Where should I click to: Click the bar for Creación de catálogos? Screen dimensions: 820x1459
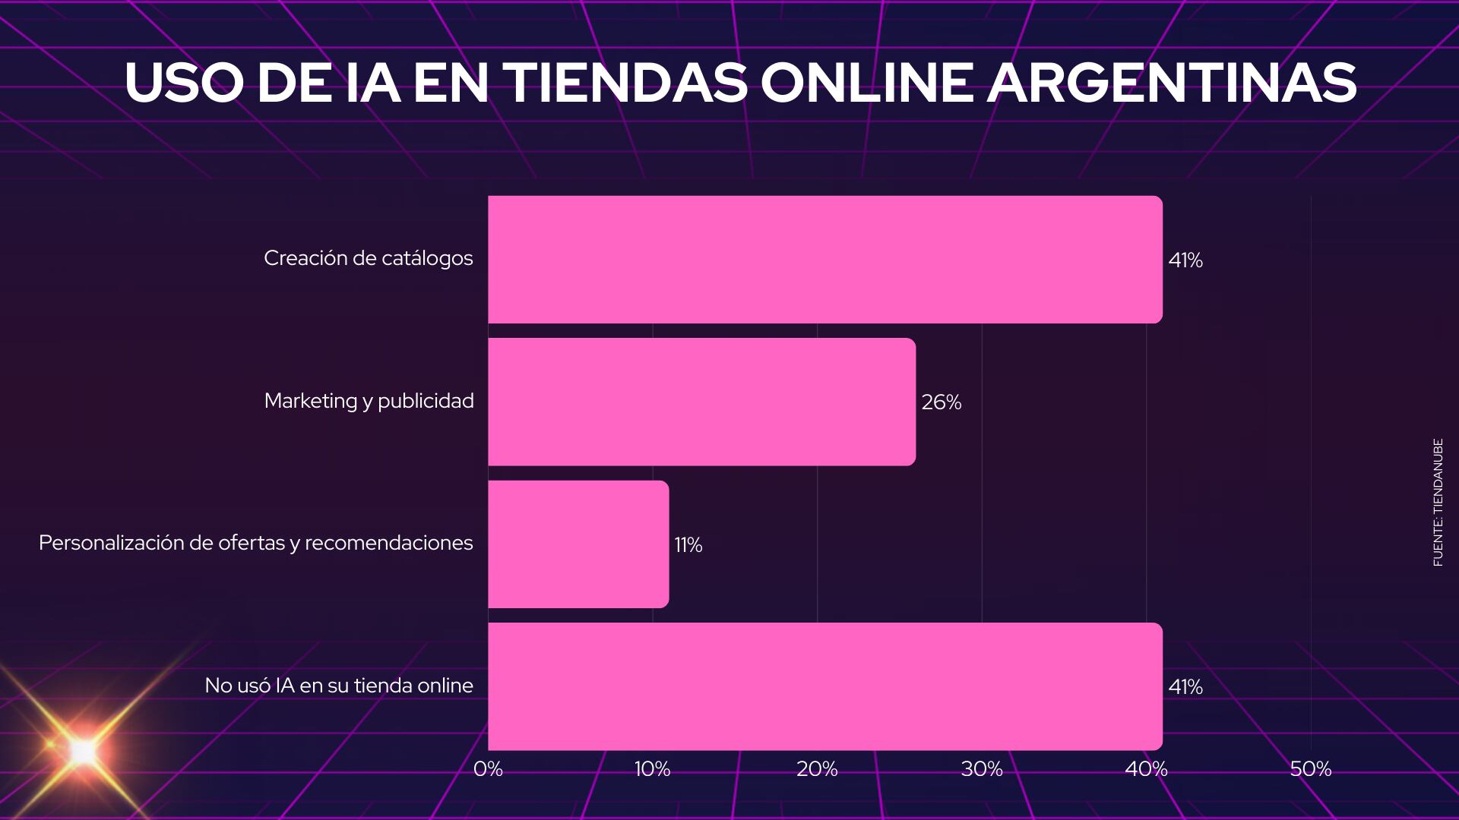click(x=824, y=260)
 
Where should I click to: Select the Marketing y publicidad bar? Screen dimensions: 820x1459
click(x=701, y=402)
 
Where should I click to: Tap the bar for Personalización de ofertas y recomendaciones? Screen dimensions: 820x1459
click(x=578, y=544)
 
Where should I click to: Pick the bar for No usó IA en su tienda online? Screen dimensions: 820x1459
click(x=824, y=686)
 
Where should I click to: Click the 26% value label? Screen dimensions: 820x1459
click(x=942, y=402)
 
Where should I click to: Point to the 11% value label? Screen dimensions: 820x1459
click(x=688, y=545)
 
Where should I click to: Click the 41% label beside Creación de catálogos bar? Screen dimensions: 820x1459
click(x=1185, y=260)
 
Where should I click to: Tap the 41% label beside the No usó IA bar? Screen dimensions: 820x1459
click(x=1185, y=687)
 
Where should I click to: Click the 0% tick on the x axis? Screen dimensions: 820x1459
click(x=488, y=769)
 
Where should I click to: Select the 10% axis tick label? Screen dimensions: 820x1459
click(x=653, y=769)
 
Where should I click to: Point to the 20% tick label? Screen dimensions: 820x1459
click(x=817, y=769)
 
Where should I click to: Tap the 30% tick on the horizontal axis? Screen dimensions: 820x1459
click(x=982, y=769)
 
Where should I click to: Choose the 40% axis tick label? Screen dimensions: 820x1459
click(x=1146, y=769)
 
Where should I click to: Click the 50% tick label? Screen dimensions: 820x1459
click(x=1311, y=769)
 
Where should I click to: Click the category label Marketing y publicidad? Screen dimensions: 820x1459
click(x=369, y=401)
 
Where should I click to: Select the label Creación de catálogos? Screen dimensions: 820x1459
click(x=369, y=258)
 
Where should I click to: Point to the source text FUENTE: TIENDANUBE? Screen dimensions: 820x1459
click(x=1438, y=502)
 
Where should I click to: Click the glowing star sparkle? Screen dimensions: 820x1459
click(x=82, y=752)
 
